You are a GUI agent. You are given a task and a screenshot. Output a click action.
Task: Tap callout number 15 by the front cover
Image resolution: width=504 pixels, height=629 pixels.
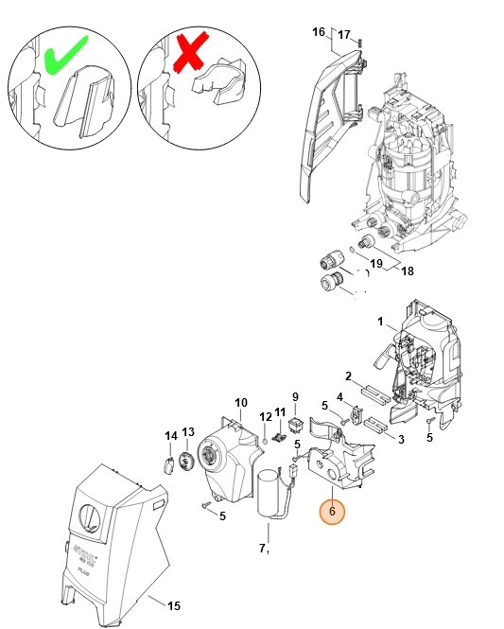(173, 605)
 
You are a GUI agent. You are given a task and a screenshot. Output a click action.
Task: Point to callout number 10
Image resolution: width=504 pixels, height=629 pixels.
(240, 402)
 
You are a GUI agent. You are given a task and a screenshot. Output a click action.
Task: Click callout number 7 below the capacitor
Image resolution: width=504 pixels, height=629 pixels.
(264, 548)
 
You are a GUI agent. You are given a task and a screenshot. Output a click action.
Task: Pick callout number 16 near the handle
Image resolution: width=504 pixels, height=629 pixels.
(319, 31)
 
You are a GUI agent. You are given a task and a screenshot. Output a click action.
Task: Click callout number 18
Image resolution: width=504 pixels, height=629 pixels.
(408, 271)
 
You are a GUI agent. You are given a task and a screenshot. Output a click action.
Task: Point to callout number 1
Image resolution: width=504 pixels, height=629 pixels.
(380, 323)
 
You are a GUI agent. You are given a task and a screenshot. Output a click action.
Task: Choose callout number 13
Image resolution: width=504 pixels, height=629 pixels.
(188, 431)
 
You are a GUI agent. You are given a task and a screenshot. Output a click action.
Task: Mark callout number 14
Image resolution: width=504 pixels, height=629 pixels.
(170, 436)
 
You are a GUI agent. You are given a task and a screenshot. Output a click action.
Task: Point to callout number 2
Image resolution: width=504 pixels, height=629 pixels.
(348, 376)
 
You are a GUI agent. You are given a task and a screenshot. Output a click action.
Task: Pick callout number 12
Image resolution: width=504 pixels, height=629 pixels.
(266, 416)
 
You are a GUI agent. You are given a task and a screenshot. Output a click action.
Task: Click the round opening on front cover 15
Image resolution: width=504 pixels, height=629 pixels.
(87, 519)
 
